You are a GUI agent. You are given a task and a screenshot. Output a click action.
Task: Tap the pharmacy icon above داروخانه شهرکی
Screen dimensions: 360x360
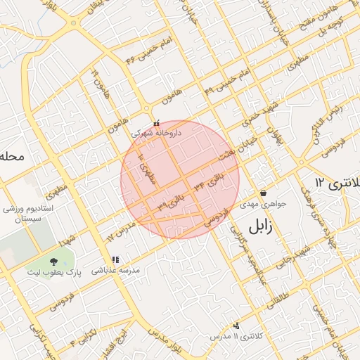pyautogui.click(x=156, y=123)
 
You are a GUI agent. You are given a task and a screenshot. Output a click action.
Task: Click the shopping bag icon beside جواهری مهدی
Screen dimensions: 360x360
pyautogui.click(x=263, y=193)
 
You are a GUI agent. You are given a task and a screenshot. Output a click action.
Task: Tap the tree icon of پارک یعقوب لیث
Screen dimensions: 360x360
pyautogui.click(x=53, y=262)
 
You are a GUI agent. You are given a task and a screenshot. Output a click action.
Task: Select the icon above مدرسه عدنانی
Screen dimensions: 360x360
pyautogui.click(x=115, y=259)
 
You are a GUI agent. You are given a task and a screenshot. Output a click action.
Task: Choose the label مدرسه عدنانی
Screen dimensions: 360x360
pyautogui.click(x=120, y=270)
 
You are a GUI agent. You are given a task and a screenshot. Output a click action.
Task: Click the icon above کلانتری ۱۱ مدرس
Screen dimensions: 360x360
pyautogui.click(x=236, y=326)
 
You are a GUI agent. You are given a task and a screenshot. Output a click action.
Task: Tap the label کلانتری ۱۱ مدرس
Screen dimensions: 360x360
pyautogui.click(x=236, y=337)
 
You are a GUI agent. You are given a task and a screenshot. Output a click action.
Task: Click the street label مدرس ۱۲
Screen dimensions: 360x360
pyautogui.click(x=120, y=233)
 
